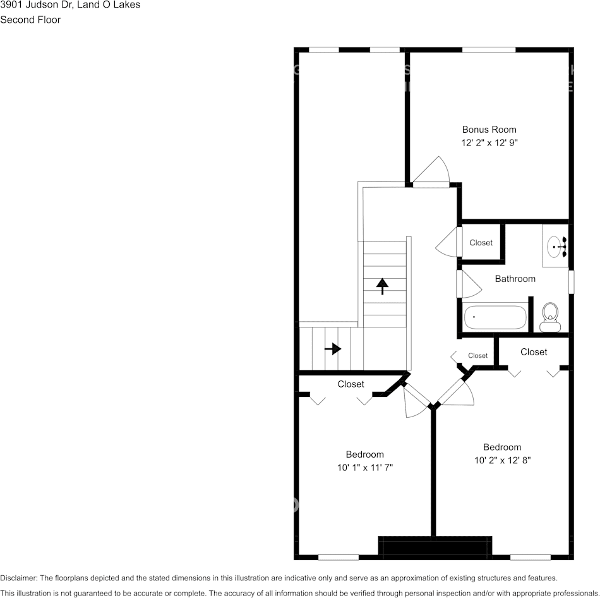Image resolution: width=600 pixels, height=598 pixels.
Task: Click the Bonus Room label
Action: pyautogui.click(x=489, y=130)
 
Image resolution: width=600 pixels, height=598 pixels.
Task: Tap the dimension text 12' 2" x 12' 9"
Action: pyautogui.click(x=489, y=143)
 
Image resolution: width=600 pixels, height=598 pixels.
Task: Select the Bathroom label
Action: pyautogui.click(x=515, y=279)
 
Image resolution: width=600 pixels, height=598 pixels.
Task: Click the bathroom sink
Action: pyautogui.click(x=556, y=246)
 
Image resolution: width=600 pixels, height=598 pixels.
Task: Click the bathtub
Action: pyautogui.click(x=495, y=317)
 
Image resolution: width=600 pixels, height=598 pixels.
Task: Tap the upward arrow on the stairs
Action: pyautogui.click(x=382, y=286)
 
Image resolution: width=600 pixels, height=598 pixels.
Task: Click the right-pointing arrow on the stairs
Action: pyautogui.click(x=333, y=349)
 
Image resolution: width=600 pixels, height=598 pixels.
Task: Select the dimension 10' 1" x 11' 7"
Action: pyautogui.click(x=365, y=468)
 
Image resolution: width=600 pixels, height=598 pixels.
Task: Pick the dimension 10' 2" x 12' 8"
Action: pyautogui.click(x=502, y=460)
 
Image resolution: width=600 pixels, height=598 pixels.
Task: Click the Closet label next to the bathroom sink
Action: pyautogui.click(x=481, y=243)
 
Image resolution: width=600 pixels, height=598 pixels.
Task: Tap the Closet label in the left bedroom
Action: pyautogui.click(x=351, y=384)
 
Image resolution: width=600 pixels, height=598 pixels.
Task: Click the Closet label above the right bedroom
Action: pyautogui.click(x=534, y=352)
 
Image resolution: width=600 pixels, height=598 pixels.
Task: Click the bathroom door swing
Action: pyautogui.click(x=471, y=284)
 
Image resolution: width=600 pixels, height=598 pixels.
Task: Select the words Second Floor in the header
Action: pyautogui.click(x=30, y=20)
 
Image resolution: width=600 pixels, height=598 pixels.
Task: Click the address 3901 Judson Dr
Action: pyautogui.click(x=35, y=5)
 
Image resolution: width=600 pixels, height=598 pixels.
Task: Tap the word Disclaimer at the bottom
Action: pyautogui.click(x=18, y=578)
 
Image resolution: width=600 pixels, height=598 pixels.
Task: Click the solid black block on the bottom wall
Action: pyautogui.click(x=435, y=547)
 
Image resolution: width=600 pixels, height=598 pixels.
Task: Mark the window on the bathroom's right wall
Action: pyautogui.click(x=571, y=282)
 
